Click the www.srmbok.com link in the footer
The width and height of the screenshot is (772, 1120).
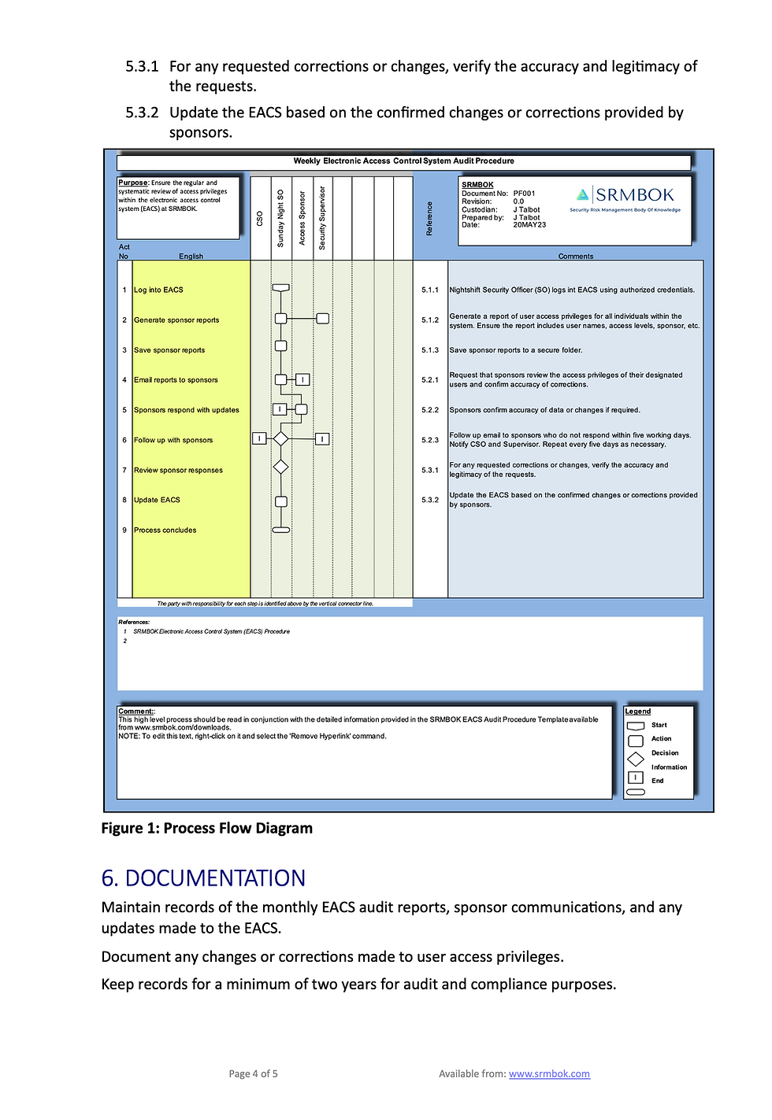pyautogui.click(x=549, y=1074)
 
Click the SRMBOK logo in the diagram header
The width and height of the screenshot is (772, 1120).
pyautogui.click(x=625, y=198)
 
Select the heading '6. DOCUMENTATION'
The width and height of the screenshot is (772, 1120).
pyautogui.click(x=203, y=878)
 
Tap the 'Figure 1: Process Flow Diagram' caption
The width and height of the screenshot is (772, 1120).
pyautogui.click(x=206, y=828)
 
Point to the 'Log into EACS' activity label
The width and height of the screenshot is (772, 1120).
pyautogui.click(x=158, y=290)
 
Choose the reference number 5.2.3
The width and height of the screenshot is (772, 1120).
pyautogui.click(x=430, y=440)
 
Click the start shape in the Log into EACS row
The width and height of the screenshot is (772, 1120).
pyautogui.click(x=280, y=288)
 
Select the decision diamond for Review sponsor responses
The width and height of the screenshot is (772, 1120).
pyautogui.click(x=280, y=468)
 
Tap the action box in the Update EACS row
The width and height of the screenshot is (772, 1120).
pyautogui.click(x=280, y=501)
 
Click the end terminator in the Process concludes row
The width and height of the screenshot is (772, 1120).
pyautogui.click(x=280, y=530)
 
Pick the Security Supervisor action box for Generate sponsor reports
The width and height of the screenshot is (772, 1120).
pyautogui.click(x=322, y=319)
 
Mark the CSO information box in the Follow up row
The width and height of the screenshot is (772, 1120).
pyautogui.click(x=258, y=438)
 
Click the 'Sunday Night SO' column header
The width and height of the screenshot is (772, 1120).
pyautogui.click(x=280, y=218)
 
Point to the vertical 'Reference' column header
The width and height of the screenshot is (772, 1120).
pyautogui.click(x=429, y=218)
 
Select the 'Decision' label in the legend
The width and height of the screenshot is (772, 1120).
pyautogui.click(x=665, y=753)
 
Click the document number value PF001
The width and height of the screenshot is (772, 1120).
pyautogui.click(x=524, y=193)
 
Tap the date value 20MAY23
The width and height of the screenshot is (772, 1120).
pyautogui.click(x=529, y=225)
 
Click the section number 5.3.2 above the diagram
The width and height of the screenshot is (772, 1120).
pyautogui.click(x=142, y=113)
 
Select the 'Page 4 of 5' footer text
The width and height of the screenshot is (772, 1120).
pyautogui.click(x=253, y=1074)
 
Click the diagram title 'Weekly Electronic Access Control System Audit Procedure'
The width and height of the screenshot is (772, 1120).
pyautogui.click(x=403, y=161)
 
